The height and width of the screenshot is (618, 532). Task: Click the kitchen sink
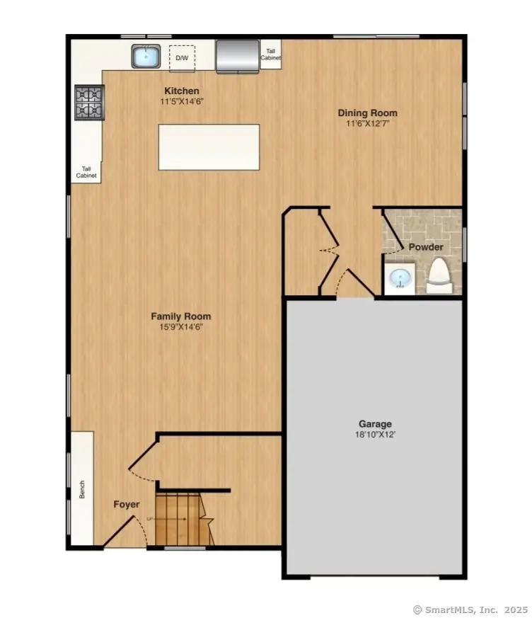click(x=146, y=57)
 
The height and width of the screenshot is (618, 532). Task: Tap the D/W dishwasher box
click(x=183, y=58)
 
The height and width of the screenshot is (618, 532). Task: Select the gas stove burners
click(x=90, y=102)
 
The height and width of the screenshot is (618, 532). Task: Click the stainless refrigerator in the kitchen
click(x=238, y=56)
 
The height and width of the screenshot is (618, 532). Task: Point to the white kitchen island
click(x=208, y=147)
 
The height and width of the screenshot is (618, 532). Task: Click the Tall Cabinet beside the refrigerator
click(x=271, y=55)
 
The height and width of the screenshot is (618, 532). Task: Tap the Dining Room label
click(x=367, y=113)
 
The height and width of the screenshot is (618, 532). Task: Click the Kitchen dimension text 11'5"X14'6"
click(x=182, y=101)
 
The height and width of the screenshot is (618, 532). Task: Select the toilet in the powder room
click(x=439, y=276)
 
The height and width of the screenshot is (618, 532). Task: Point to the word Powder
click(x=426, y=247)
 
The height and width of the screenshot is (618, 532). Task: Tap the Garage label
click(x=375, y=424)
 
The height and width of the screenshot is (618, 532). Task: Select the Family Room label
click(x=182, y=316)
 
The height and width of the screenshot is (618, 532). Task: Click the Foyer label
click(x=127, y=505)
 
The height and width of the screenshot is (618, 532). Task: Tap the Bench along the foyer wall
click(x=82, y=488)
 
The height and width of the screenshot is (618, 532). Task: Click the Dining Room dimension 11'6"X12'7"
click(x=367, y=123)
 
